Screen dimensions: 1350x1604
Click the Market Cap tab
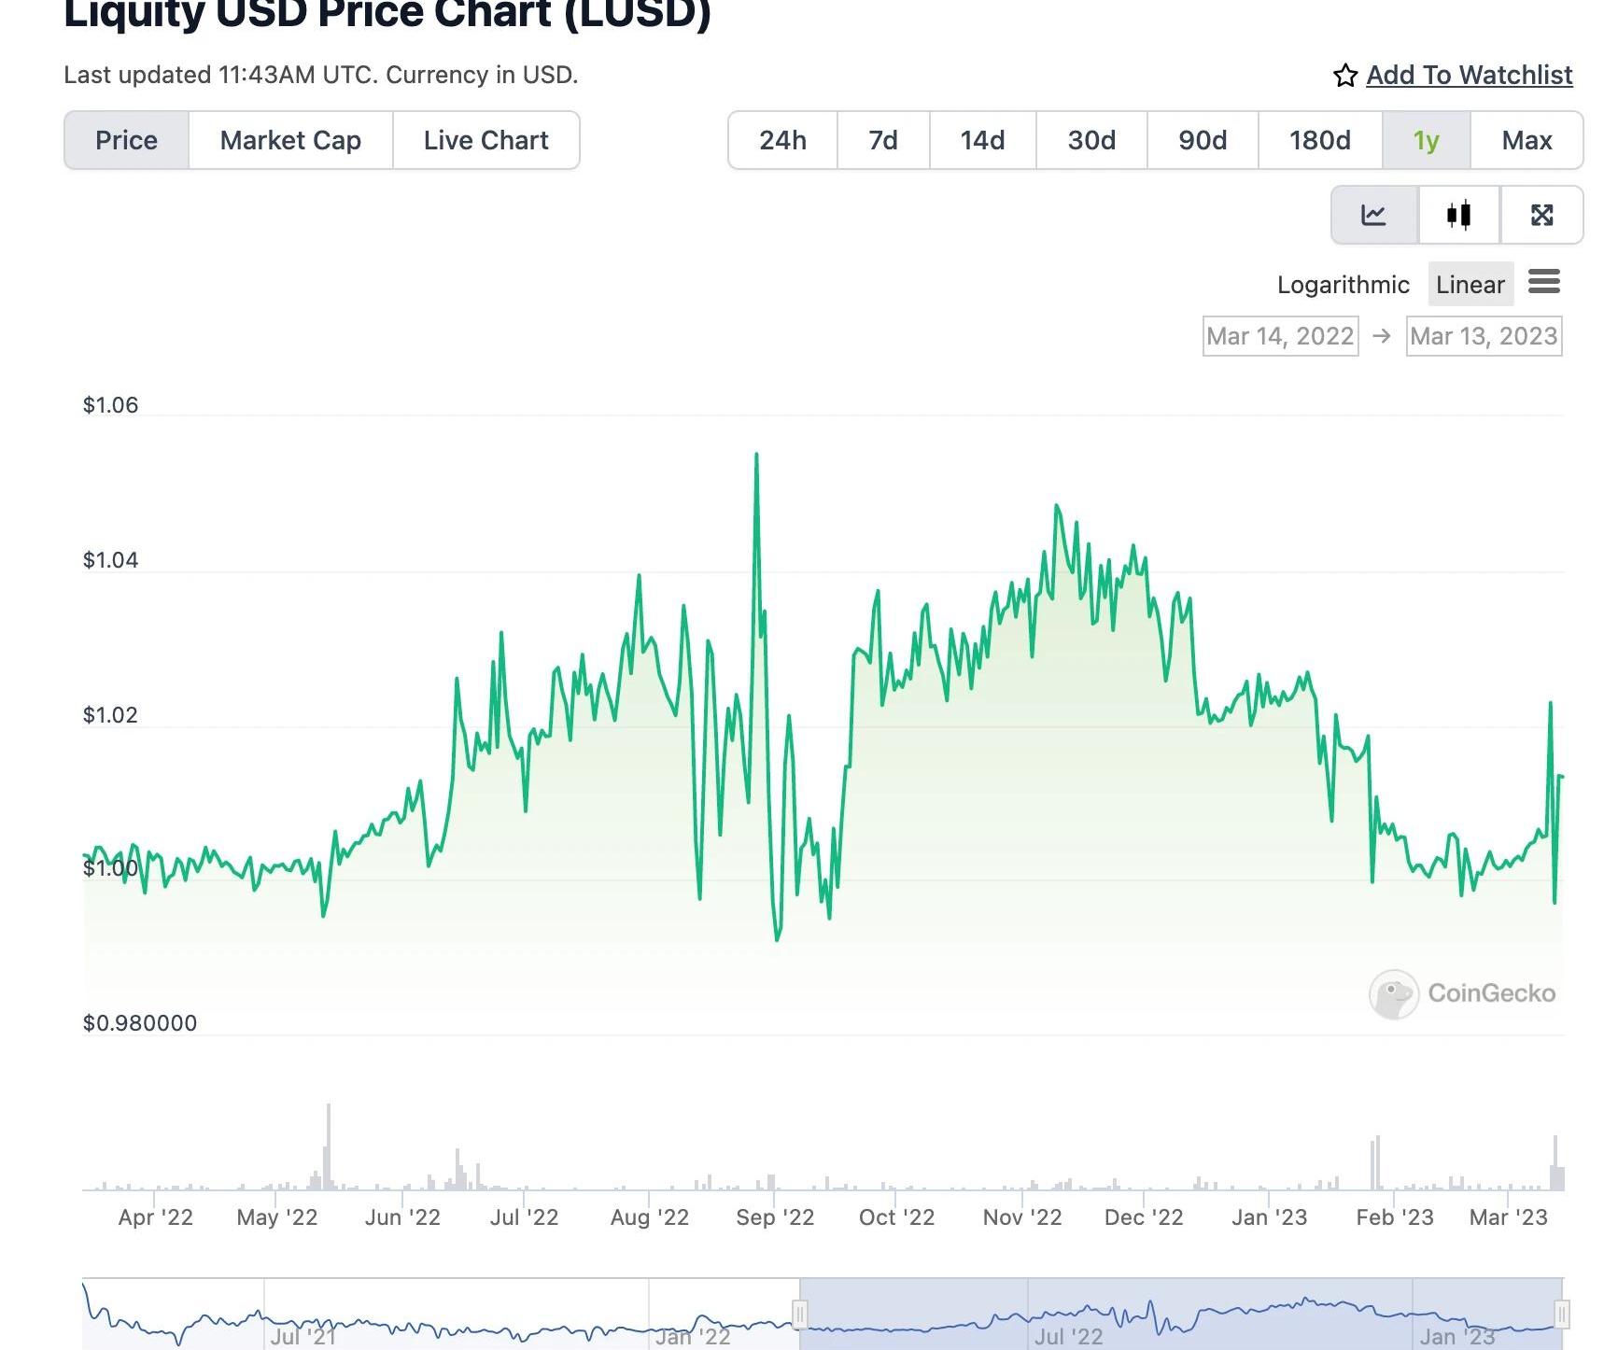[290, 140]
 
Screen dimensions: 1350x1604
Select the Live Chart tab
[485, 140]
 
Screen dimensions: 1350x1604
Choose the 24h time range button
[782, 140]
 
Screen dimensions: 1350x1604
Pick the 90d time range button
[1203, 140]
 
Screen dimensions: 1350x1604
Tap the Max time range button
[1527, 140]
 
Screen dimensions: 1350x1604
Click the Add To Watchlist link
[1469, 75]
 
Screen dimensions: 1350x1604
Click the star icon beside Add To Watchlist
[1344, 76]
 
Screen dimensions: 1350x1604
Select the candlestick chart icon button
[1458, 215]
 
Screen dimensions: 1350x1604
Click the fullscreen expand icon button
[1541, 215]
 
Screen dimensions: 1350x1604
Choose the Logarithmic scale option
[1343, 285]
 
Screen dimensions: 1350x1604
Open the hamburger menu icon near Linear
[1543, 281]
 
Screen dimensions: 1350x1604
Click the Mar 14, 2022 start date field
[1280, 336]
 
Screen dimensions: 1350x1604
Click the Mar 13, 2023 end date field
[1484, 336]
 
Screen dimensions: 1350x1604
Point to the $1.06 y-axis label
[110, 405]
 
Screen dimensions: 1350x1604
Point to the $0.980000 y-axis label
[140, 1023]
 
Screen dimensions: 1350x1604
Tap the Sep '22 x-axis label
[775, 1217]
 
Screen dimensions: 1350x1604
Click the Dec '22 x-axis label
[1144, 1217]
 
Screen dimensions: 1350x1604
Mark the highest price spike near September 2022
[756, 455]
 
